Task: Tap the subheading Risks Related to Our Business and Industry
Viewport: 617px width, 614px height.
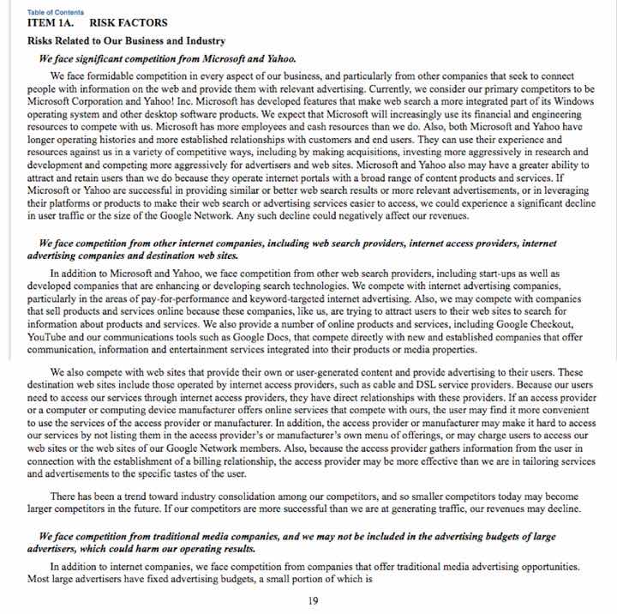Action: pos(127,41)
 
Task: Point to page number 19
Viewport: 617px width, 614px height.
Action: pos(313,600)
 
